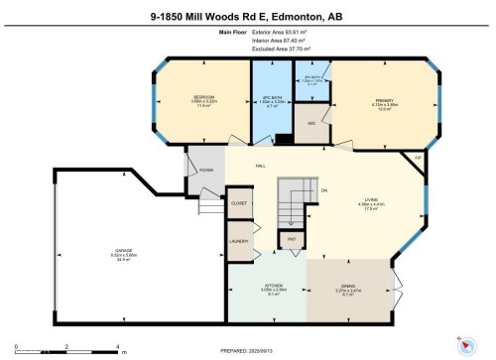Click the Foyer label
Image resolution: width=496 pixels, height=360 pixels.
click(x=205, y=170)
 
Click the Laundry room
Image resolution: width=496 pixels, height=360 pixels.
click(x=239, y=241)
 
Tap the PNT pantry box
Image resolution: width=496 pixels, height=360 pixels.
click(x=292, y=240)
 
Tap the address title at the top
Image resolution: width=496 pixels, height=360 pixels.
click(x=248, y=15)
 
